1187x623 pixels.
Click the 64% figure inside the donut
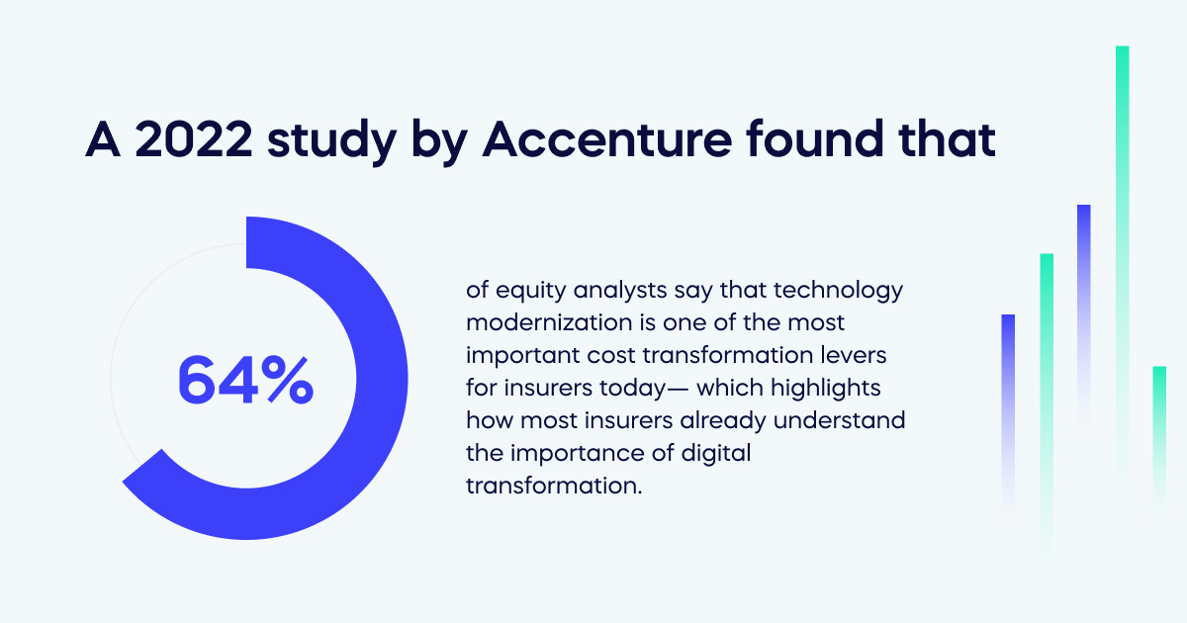tap(245, 380)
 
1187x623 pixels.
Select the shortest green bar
tap(1159, 425)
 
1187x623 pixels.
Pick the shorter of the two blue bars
tap(1008, 396)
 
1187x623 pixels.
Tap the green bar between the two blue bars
tap(1047, 376)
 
